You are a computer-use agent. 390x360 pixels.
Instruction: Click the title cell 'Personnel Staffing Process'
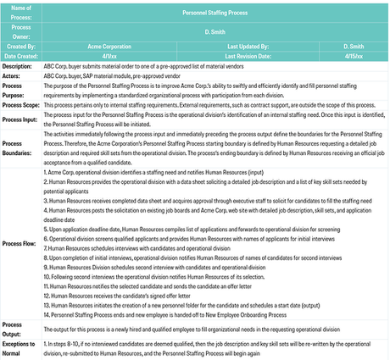[x=216, y=13]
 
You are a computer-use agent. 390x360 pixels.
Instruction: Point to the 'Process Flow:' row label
[x=21, y=243]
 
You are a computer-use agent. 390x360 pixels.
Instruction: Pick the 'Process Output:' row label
[x=16, y=330]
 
